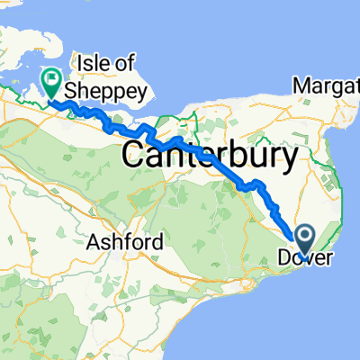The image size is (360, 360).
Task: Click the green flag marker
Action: pyautogui.click(x=50, y=83)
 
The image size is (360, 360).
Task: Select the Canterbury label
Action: pyautogui.click(x=210, y=157)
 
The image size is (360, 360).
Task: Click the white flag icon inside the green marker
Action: pyautogui.click(x=50, y=80)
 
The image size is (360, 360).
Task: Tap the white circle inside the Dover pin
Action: pyautogui.click(x=304, y=236)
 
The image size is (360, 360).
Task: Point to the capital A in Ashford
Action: pyautogui.click(x=94, y=242)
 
